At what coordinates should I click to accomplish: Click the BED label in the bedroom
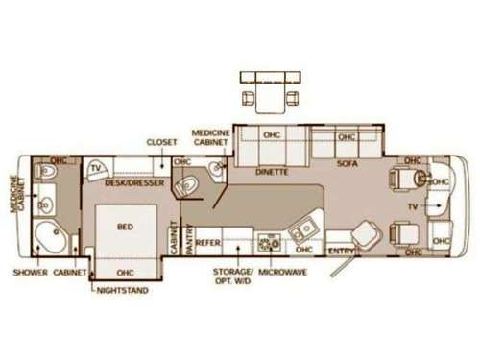pyautogui.click(x=124, y=227)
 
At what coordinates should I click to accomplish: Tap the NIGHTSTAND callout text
pyautogui.click(x=123, y=289)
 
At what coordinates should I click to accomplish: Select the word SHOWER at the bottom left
pyautogui.click(x=31, y=272)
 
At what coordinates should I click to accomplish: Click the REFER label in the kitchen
pyautogui.click(x=208, y=243)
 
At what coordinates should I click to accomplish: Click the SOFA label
pyautogui.click(x=347, y=164)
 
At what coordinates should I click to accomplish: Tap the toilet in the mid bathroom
pyautogui.click(x=188, y=184)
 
